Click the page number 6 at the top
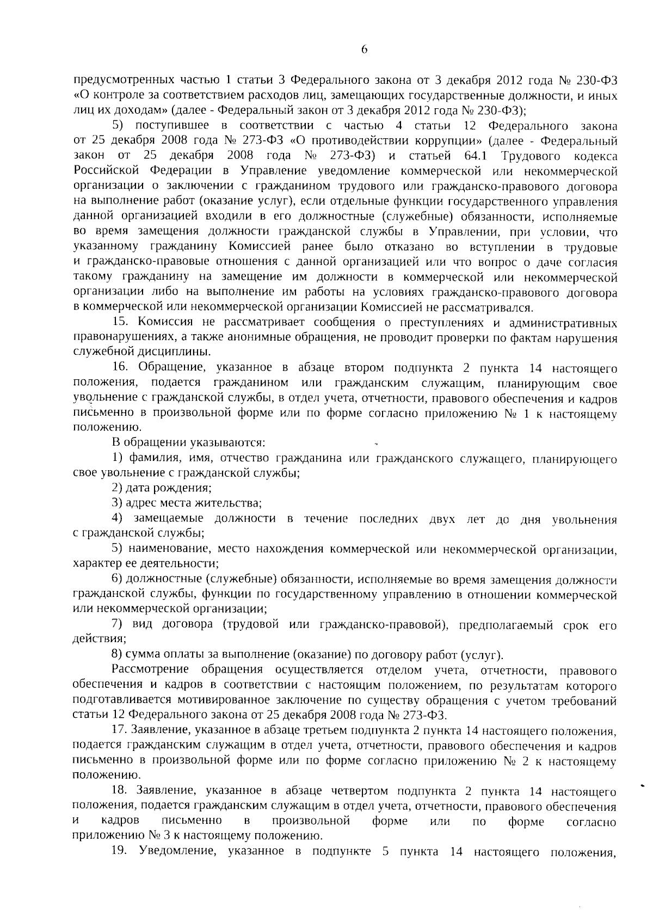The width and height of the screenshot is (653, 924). pos(364,50)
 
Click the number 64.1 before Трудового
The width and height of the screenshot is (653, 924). pos(476,157)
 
